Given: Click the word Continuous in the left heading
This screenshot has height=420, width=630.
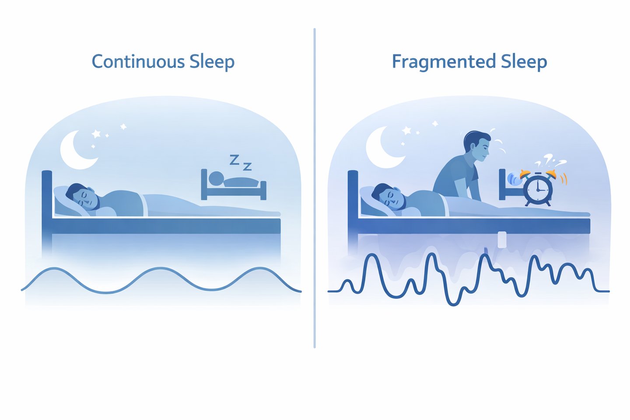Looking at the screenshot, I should [138, 62].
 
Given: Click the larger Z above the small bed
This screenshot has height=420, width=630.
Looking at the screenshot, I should [234, 160].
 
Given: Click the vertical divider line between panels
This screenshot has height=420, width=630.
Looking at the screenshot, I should [315, 188].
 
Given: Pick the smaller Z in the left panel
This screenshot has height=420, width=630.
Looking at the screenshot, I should [247, 167].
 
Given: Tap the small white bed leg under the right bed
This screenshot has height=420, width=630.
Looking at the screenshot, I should [501, 239].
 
